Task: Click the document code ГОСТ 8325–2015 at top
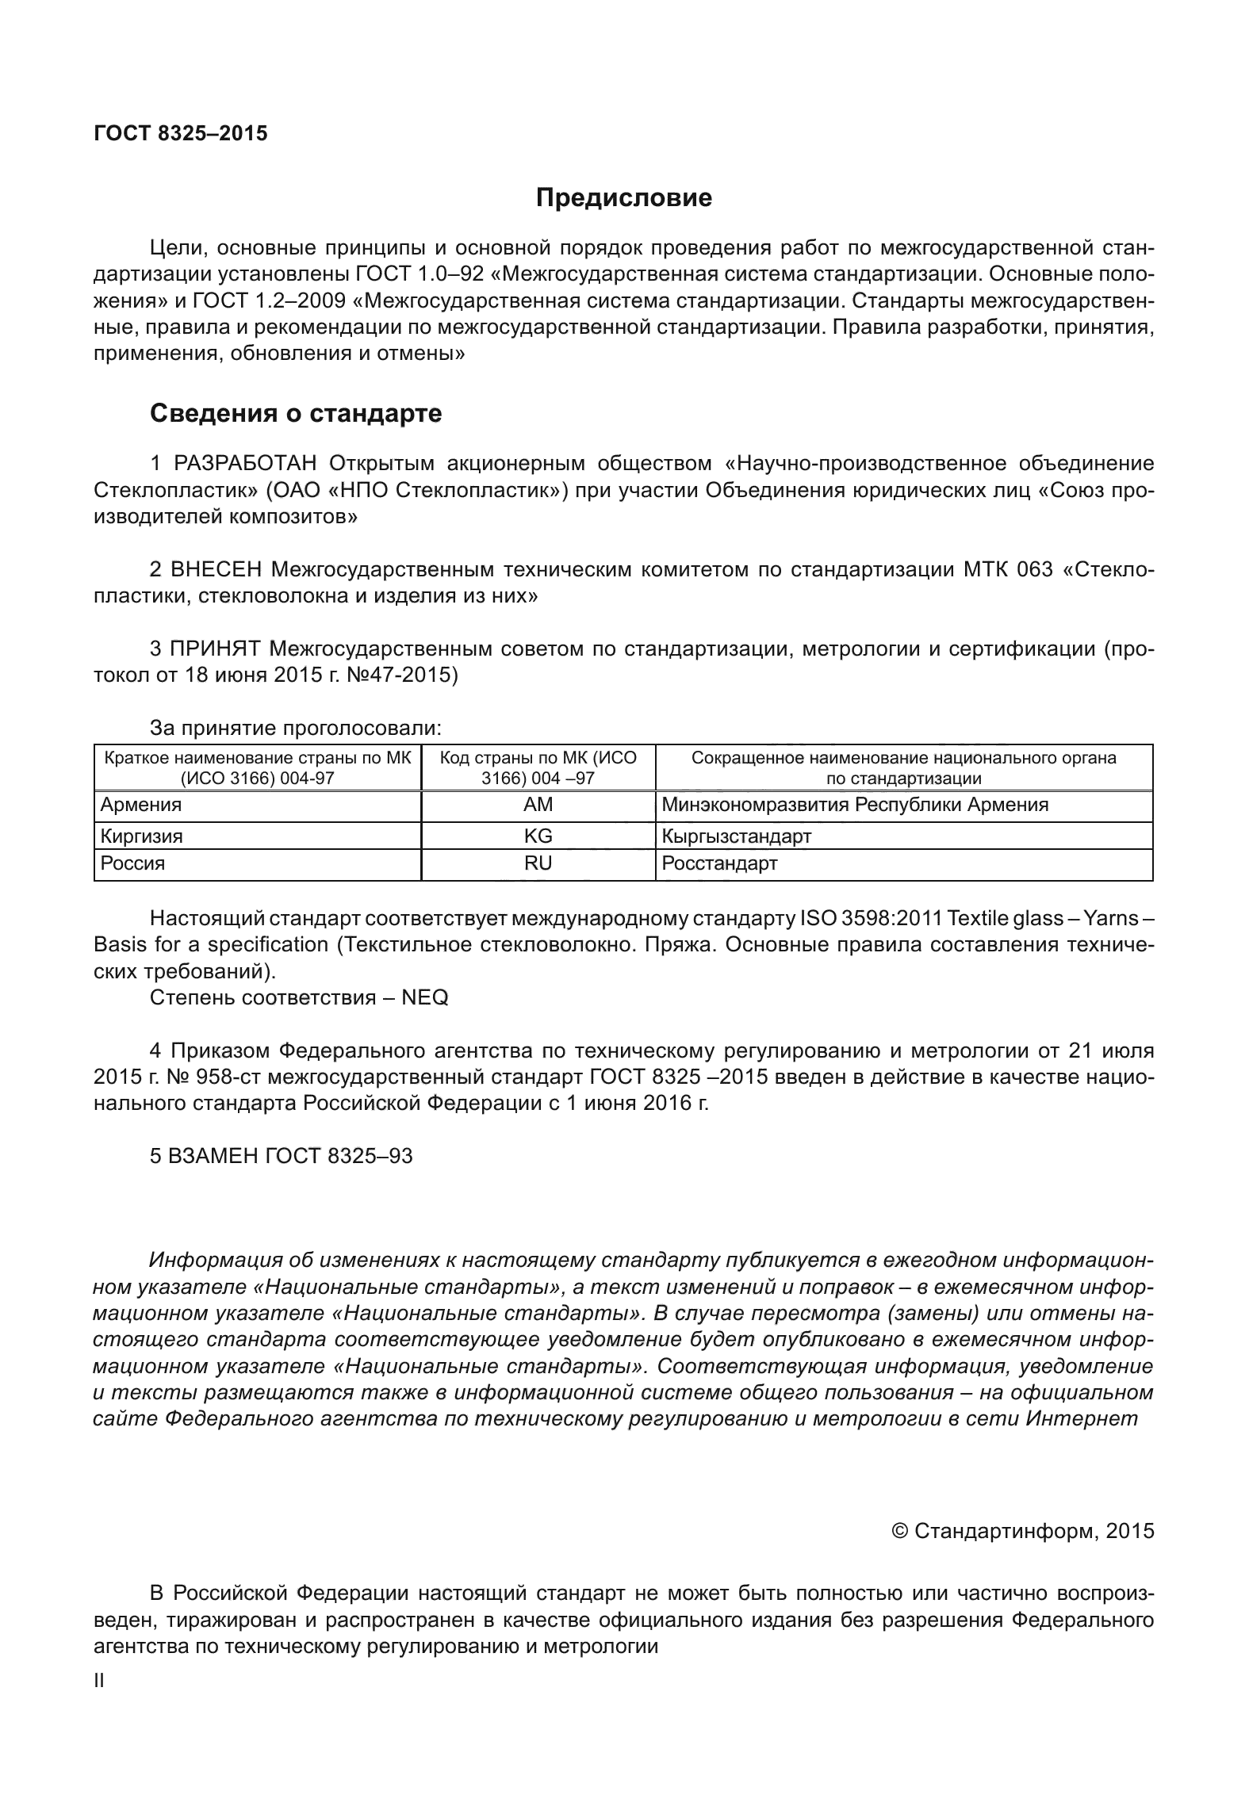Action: point(181,133)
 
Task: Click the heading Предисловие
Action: point(623,197)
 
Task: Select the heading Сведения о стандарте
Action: point(296,413)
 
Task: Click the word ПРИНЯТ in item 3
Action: point(215,649)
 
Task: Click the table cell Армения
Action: point(140,805)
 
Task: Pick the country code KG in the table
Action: point(538,836)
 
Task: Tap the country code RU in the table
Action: point(538,863)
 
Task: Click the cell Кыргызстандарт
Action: point(737,836)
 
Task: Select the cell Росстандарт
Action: point(719,863)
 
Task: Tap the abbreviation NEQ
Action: point(425,997)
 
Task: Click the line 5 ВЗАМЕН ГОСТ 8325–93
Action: point(282,1156)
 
